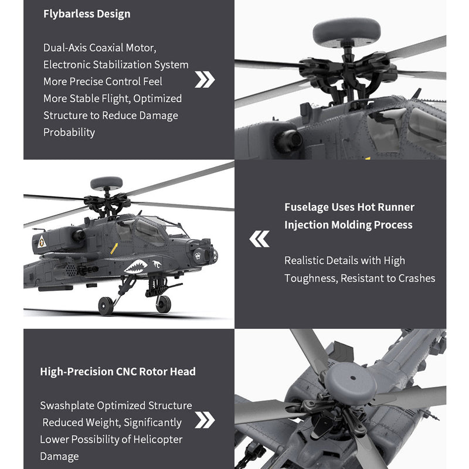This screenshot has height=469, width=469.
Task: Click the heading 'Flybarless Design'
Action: pyautogui.click(x=87, y=13)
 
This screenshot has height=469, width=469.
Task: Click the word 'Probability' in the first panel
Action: pyautogui.click(x=69, y=132)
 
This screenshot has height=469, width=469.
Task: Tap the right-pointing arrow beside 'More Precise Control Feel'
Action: pyautogui.click(x=205, y=80)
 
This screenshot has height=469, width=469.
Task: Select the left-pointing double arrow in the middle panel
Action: pyautogui.click(x=260, y=239)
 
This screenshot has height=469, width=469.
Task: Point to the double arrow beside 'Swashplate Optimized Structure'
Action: pyautogui.click(x=205, y=420)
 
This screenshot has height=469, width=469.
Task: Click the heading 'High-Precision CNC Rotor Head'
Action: pyautogui.click(x=118, y=372)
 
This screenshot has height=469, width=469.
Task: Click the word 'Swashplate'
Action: pyautogui.click(x=66, y=406)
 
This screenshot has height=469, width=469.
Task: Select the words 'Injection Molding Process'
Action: pyautogui.click(x=348, y=225)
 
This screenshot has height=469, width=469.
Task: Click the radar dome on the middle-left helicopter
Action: pyautogui.click(x=106, y=183)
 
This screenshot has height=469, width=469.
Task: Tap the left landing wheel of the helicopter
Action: pyautogui.click(x=106, y=306)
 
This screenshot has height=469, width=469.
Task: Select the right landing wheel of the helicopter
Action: pyautogui.click(x=163, y=304)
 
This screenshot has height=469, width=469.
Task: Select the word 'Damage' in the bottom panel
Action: pyautogui.click(x=59, y=456)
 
